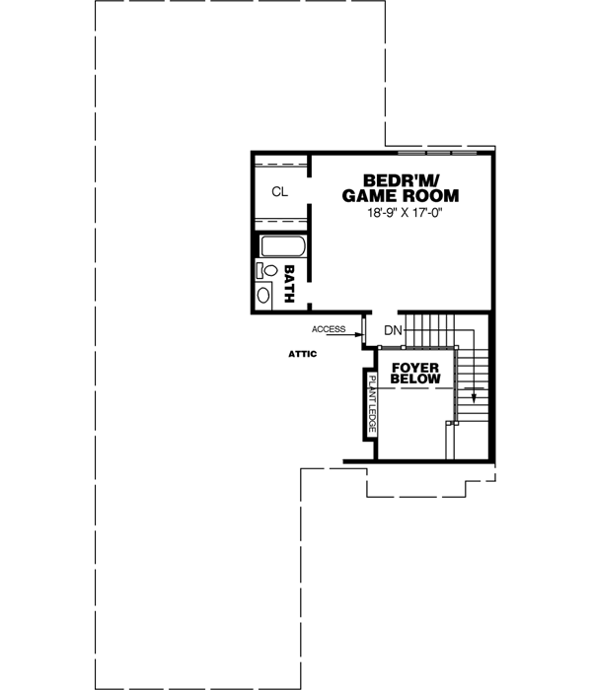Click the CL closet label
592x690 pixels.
tap(280, 192)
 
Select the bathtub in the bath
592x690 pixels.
tap(281, 247)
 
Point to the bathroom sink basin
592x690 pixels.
tap(264, 294)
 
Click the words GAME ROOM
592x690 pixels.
tap(401, 196)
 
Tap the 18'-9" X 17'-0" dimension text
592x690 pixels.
tap(401, 213)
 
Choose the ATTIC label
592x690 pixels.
tap(302, 354)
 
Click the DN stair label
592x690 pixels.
tap(393, 330)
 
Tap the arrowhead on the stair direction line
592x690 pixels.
tap(475, 399)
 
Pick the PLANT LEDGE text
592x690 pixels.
tap(372, 403)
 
